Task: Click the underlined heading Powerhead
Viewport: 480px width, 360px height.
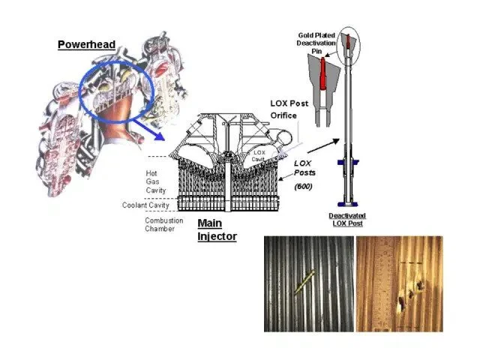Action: [86, 45]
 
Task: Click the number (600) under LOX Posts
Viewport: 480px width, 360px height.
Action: [303, 187]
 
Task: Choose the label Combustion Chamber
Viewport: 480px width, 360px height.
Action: [159, 224]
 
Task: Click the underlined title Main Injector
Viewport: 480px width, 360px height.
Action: [217, 230]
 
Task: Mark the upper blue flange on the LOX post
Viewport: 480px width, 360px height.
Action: [349, 161]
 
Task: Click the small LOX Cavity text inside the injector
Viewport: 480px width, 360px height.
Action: [259, 154]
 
